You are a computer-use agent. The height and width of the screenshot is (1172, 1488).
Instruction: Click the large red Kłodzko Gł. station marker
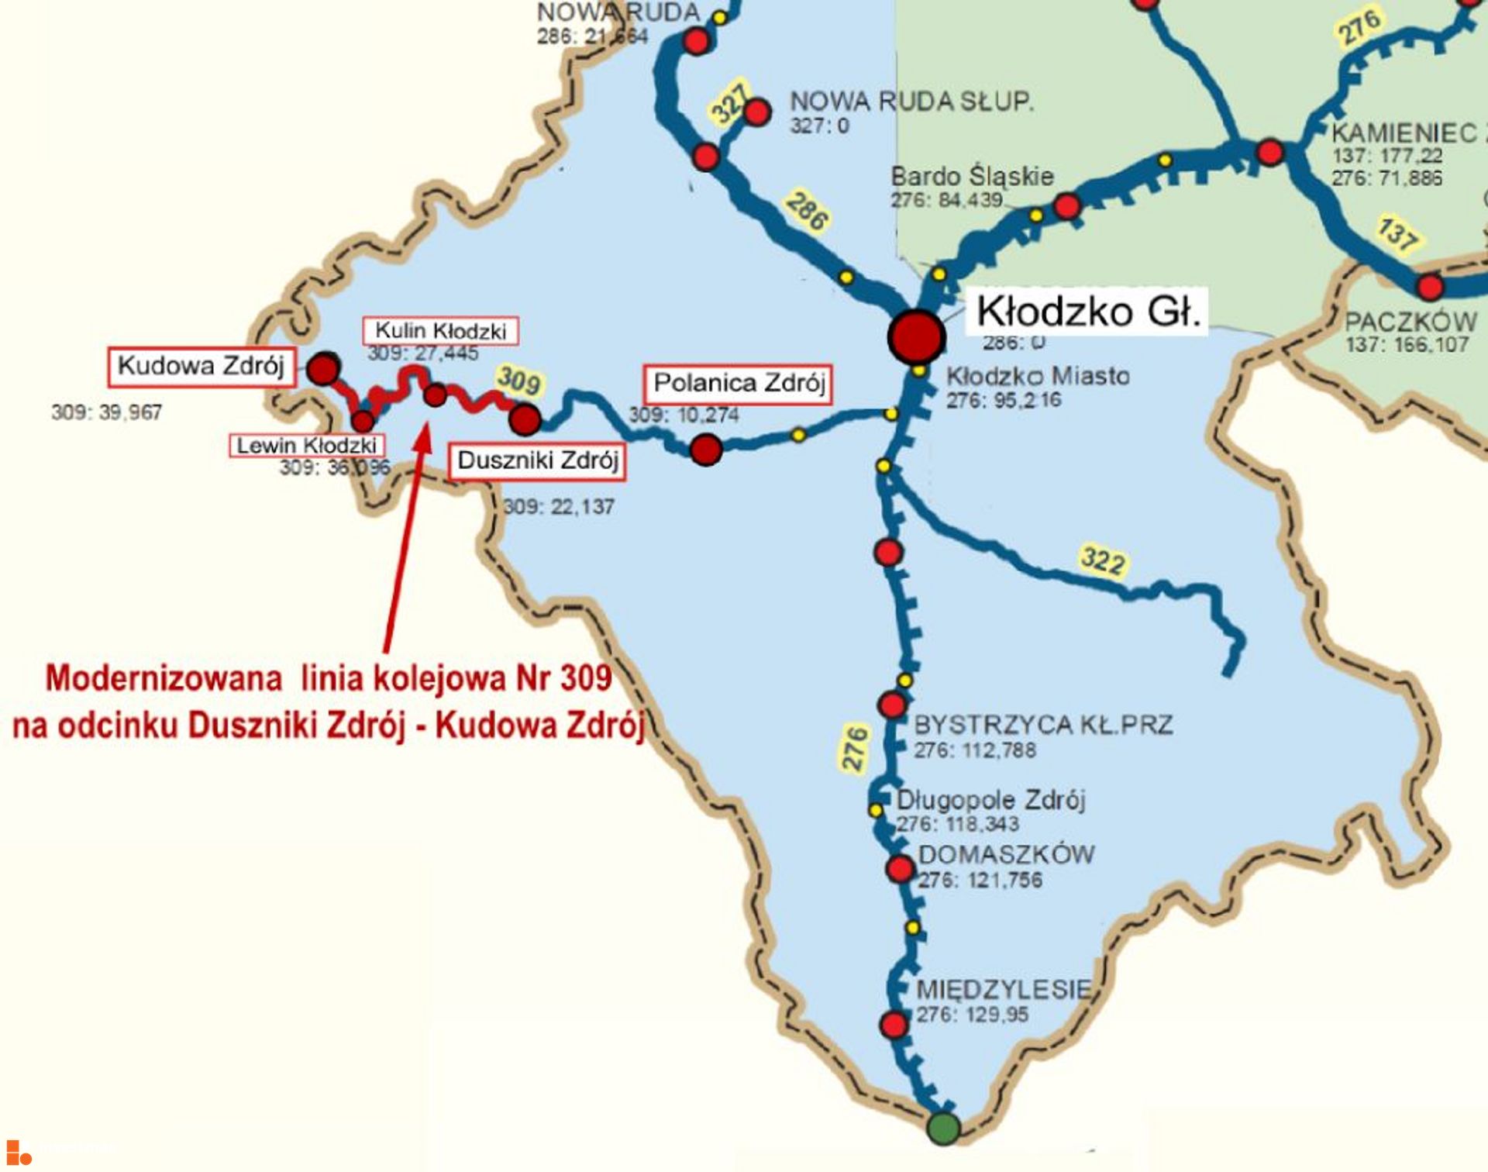(916, 336)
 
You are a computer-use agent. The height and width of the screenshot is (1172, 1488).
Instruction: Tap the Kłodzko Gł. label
(1088, 312)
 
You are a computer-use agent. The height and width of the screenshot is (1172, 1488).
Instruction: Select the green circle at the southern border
(943, 1128)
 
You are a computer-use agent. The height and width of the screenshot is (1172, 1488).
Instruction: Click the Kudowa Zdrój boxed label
(201, 366)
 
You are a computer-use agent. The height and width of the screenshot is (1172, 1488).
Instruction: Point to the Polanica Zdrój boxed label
(739, 384)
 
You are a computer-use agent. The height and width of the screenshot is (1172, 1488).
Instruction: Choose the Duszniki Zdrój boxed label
(538, 460)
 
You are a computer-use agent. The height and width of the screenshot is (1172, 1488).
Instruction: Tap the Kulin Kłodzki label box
(440, 331)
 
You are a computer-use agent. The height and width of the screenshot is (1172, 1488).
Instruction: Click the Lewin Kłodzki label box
(307, 446)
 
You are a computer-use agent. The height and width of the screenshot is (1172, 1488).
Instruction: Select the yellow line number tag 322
(1103, 560)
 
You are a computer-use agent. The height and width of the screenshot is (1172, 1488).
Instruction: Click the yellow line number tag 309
(518, 381)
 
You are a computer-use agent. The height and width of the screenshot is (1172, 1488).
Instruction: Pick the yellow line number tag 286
(807, 211)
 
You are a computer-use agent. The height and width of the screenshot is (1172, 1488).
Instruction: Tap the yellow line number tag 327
(729, 105)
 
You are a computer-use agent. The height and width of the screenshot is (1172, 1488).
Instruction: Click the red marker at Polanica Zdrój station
(706, 450)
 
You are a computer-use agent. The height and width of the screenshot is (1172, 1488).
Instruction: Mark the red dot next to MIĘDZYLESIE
(894, 1024)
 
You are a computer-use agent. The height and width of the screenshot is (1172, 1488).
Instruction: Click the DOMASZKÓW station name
(1006, 855)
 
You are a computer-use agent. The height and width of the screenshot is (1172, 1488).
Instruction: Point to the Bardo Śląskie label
(972, 177)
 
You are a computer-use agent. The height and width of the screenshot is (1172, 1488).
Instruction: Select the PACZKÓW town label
(1410, 322)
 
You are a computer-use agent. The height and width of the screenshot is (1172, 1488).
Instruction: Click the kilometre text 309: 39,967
(107, 412)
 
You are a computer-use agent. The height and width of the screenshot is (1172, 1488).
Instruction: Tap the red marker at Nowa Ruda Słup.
(756, 112)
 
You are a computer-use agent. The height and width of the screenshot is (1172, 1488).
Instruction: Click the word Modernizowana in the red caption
(164, 678)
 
